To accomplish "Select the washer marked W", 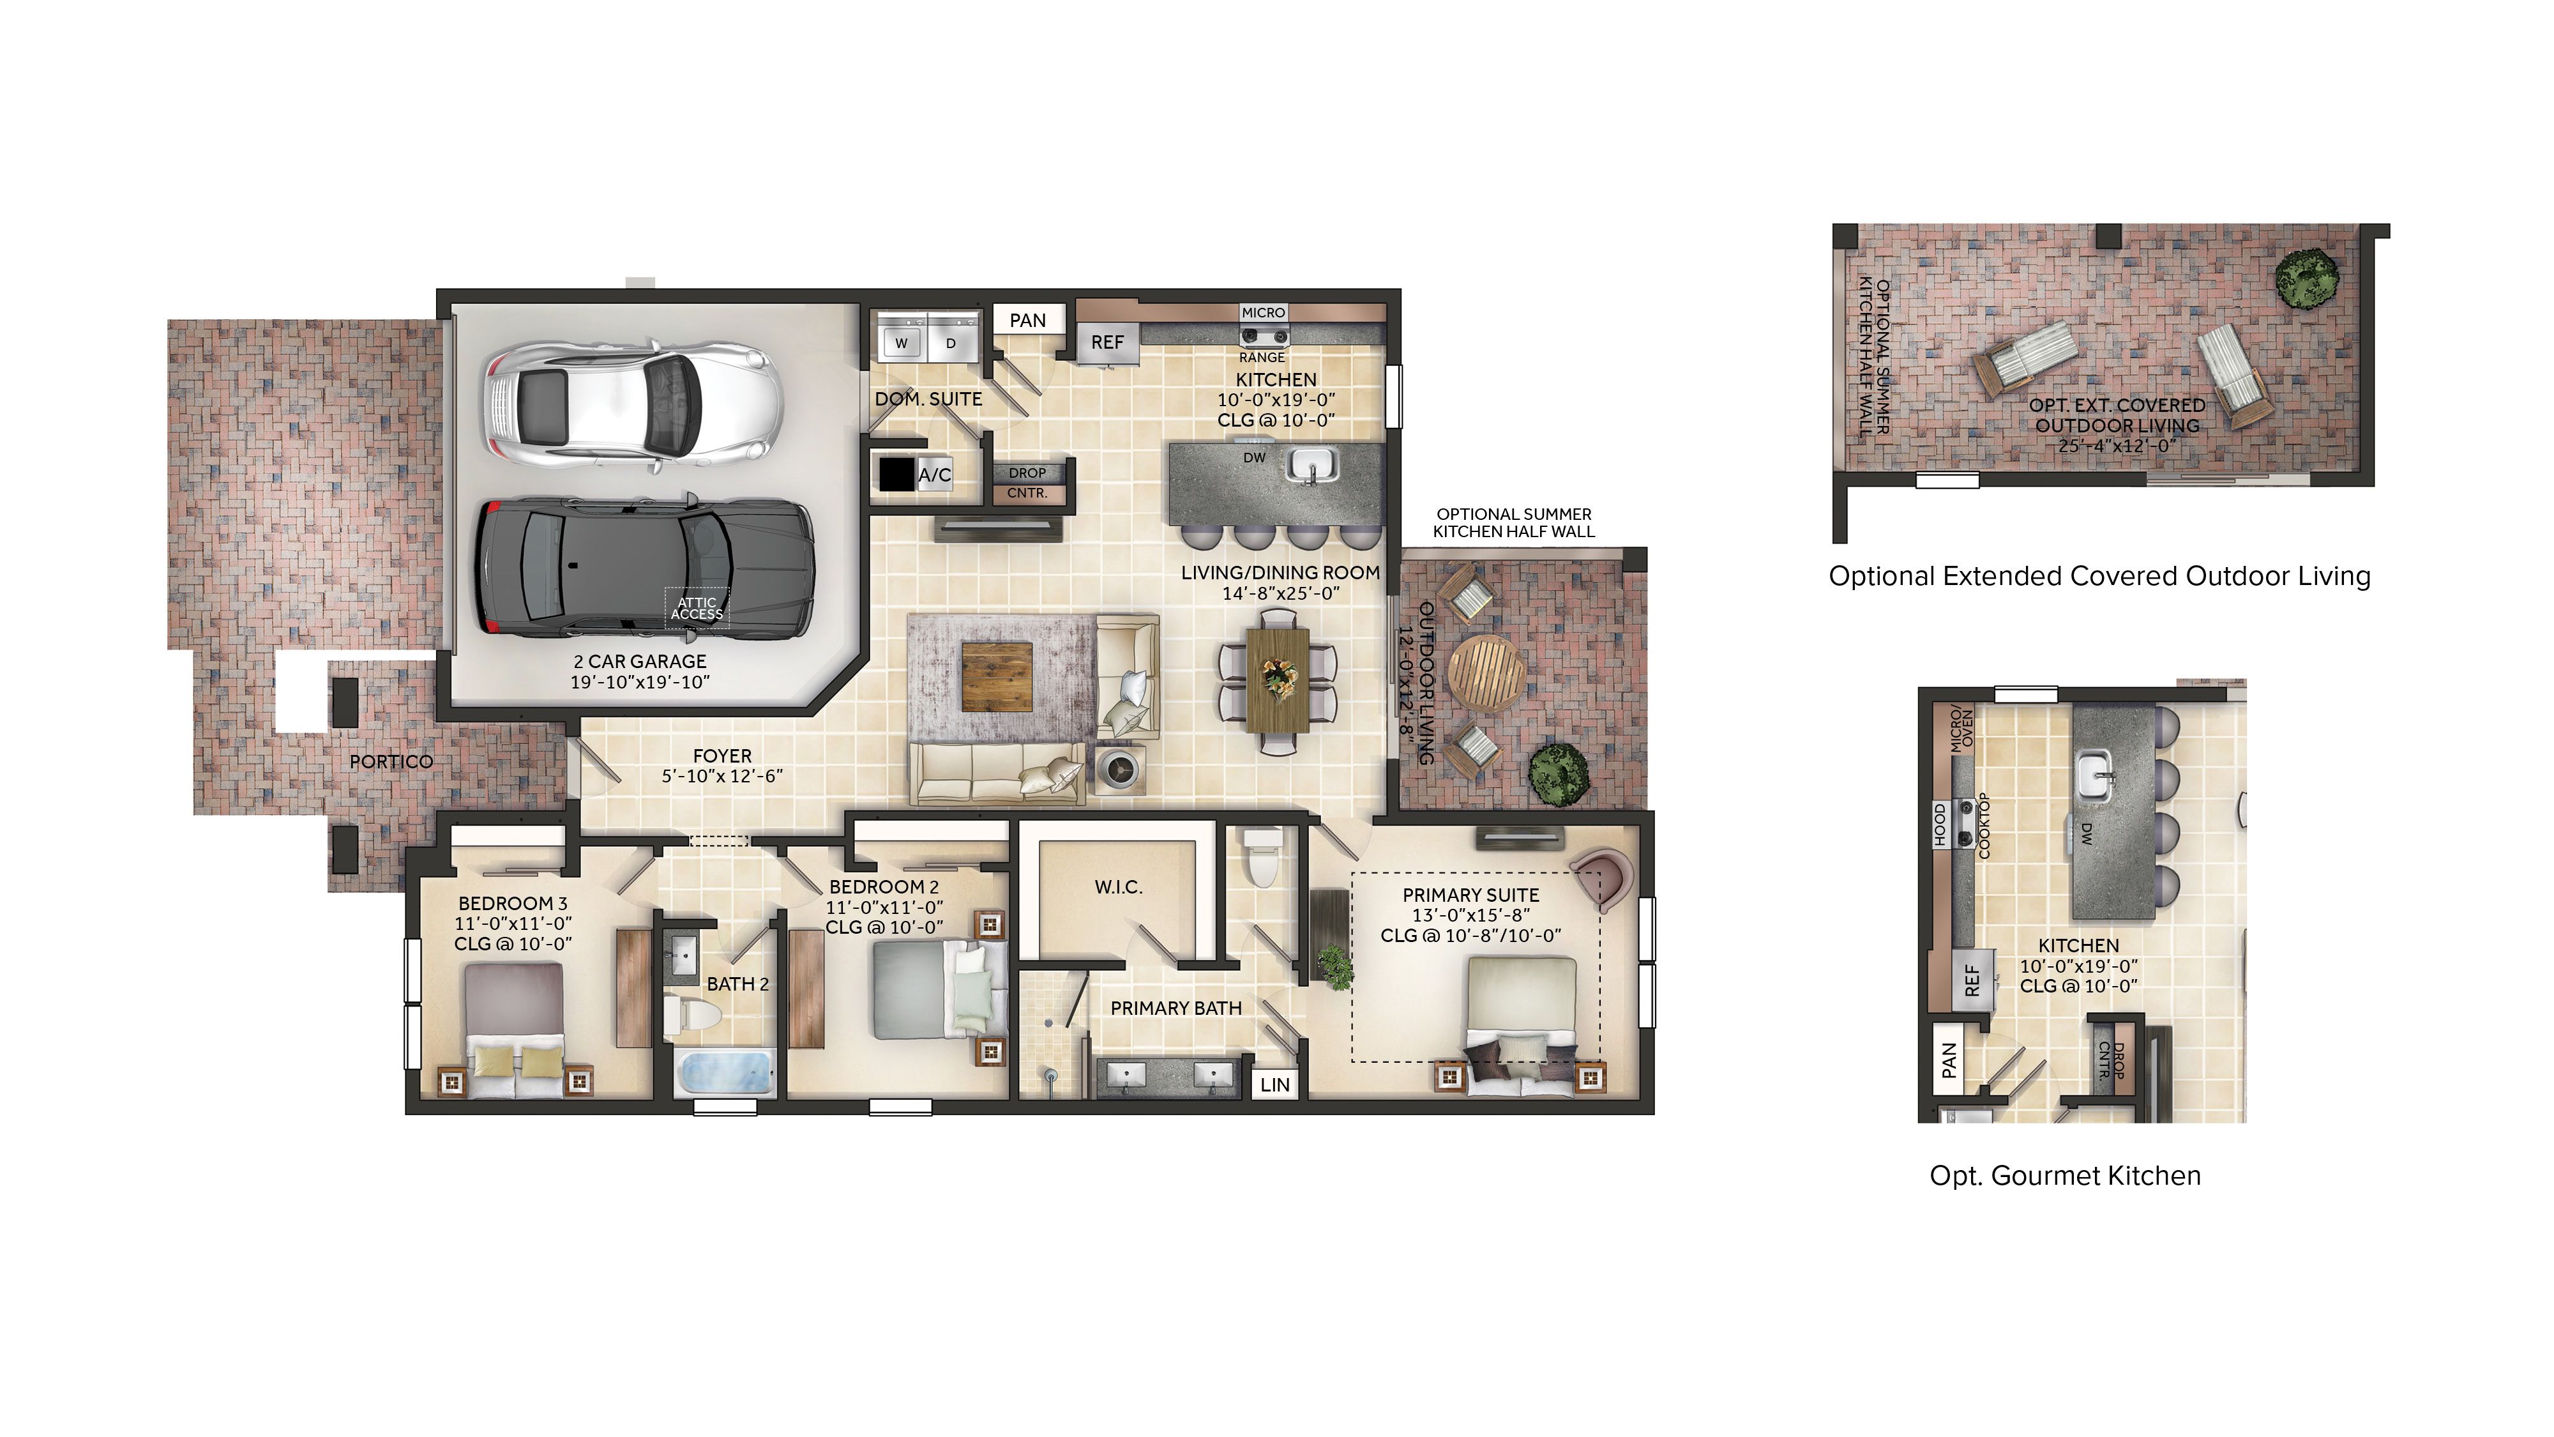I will [900, 342].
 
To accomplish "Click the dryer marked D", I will [951, 342].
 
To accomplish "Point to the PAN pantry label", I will [1027, 321].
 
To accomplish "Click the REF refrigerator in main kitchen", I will [1107, 342].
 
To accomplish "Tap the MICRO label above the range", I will [1263, 312].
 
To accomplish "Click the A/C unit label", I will [934, 475].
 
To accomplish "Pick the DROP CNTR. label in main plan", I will [1027, 483].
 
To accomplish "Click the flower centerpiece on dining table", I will [1277, 678].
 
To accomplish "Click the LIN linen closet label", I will [1275, 1085].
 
